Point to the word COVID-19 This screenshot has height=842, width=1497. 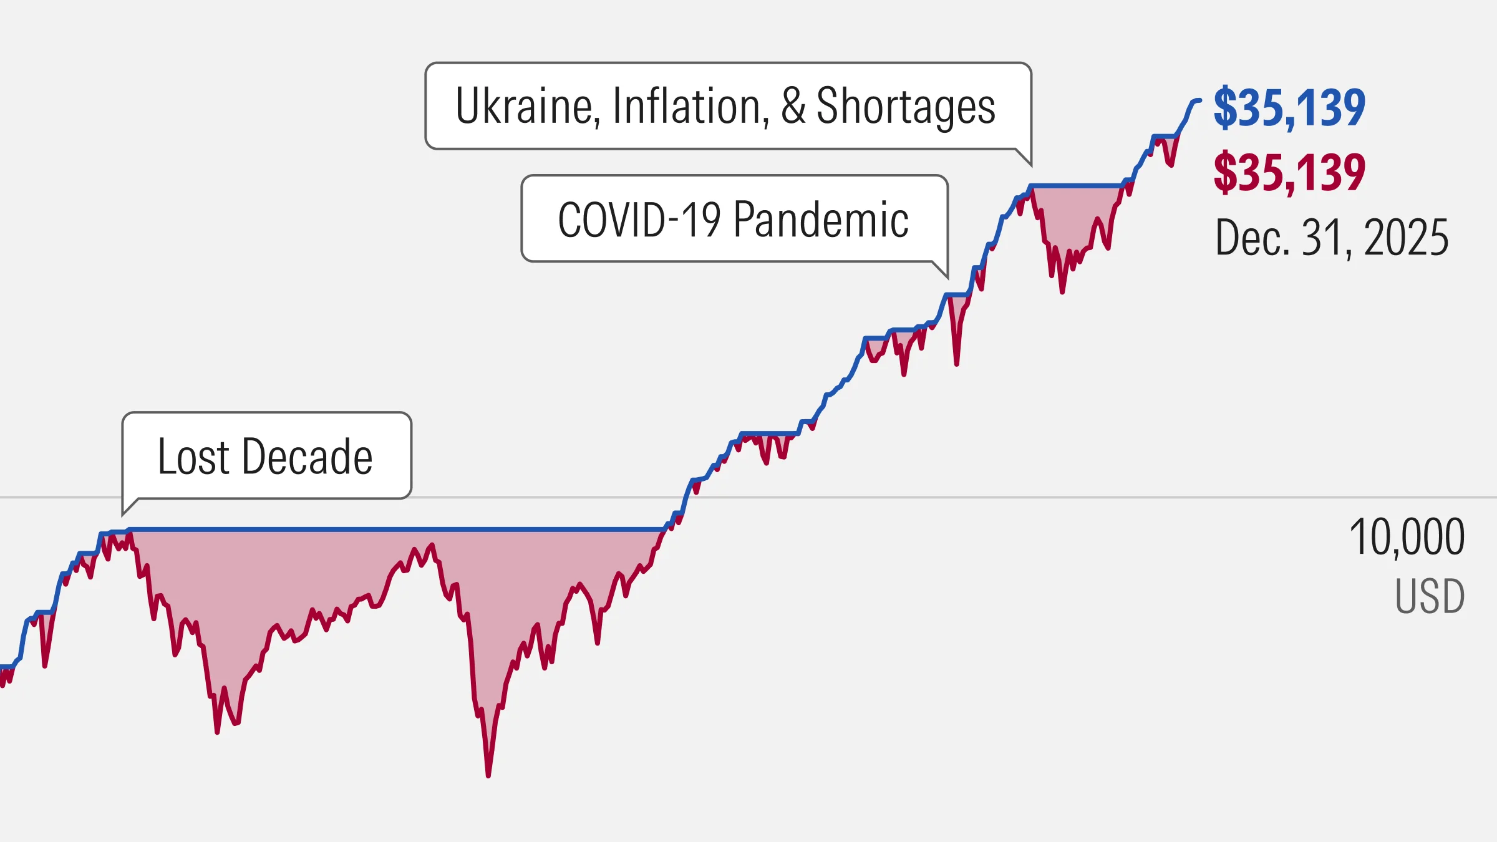tap(639, 220)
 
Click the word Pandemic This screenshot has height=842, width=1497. tap(821, 220)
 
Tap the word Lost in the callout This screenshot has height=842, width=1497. tap(194, 457)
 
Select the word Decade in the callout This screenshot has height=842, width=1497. tap(307, 457)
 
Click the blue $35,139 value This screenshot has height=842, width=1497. tap(1289, 108)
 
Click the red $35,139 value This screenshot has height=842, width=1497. tap(1289, 172)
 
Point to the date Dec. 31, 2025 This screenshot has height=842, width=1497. tap(1331, 238)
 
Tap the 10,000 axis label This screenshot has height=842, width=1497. tap(1407, 537)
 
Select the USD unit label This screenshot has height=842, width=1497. tap(1430, 596)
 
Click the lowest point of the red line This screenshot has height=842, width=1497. tap(488, 775)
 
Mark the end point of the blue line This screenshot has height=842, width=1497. tap(1199, 100)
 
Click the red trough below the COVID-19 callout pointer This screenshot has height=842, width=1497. tap(956, 364)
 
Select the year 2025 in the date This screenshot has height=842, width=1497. tap(1406, 238)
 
